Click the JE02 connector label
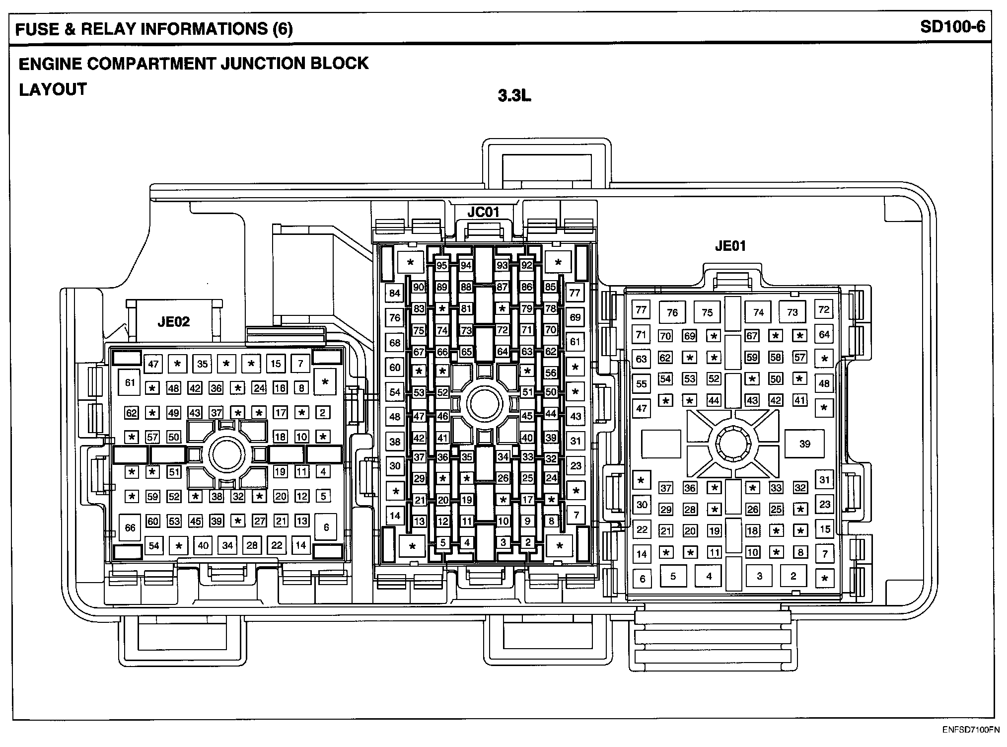click(173, 322)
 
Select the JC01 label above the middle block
click(483, 212)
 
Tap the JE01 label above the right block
click(730, 246)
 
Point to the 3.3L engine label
click(514, 95)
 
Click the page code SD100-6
click(952, 27)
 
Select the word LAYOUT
click(53, 90)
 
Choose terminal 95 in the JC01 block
click(442, 265)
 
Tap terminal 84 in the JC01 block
click(395, 293)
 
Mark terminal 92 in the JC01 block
click(526, 265)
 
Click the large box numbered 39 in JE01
click(804, 444)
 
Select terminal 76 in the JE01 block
click(672, 312)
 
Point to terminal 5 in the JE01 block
click(673, 576)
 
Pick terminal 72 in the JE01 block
click(824, 309)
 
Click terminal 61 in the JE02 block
click(130, 382)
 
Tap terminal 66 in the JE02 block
click(130, 527)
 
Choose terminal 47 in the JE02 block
click(153, 364)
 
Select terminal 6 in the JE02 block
click(326, 527)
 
